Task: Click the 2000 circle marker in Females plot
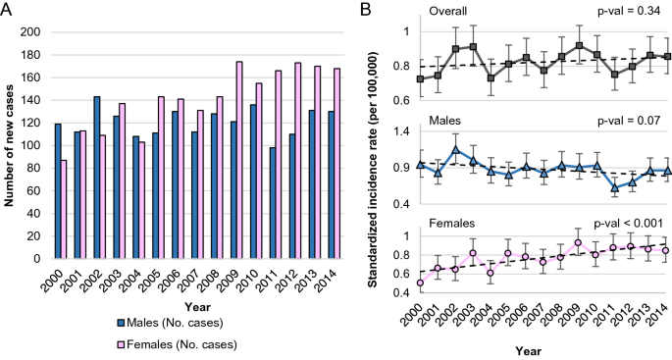[x=421, y=283]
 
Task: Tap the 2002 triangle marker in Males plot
[x=456, y=150]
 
